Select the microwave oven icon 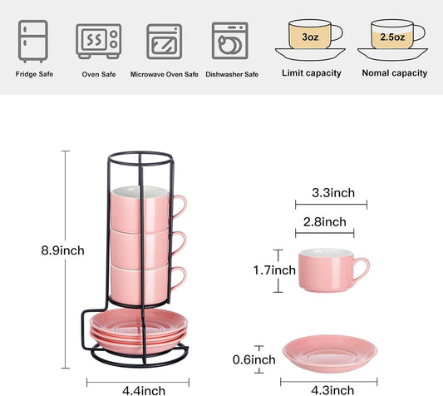pos(164,39)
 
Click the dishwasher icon pos(229,39)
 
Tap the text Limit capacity pos(312,73)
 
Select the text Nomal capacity pos(395,73)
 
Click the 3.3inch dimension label pos(332,193)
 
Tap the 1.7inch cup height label pos(274,270)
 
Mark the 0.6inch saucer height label pos(253,359)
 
